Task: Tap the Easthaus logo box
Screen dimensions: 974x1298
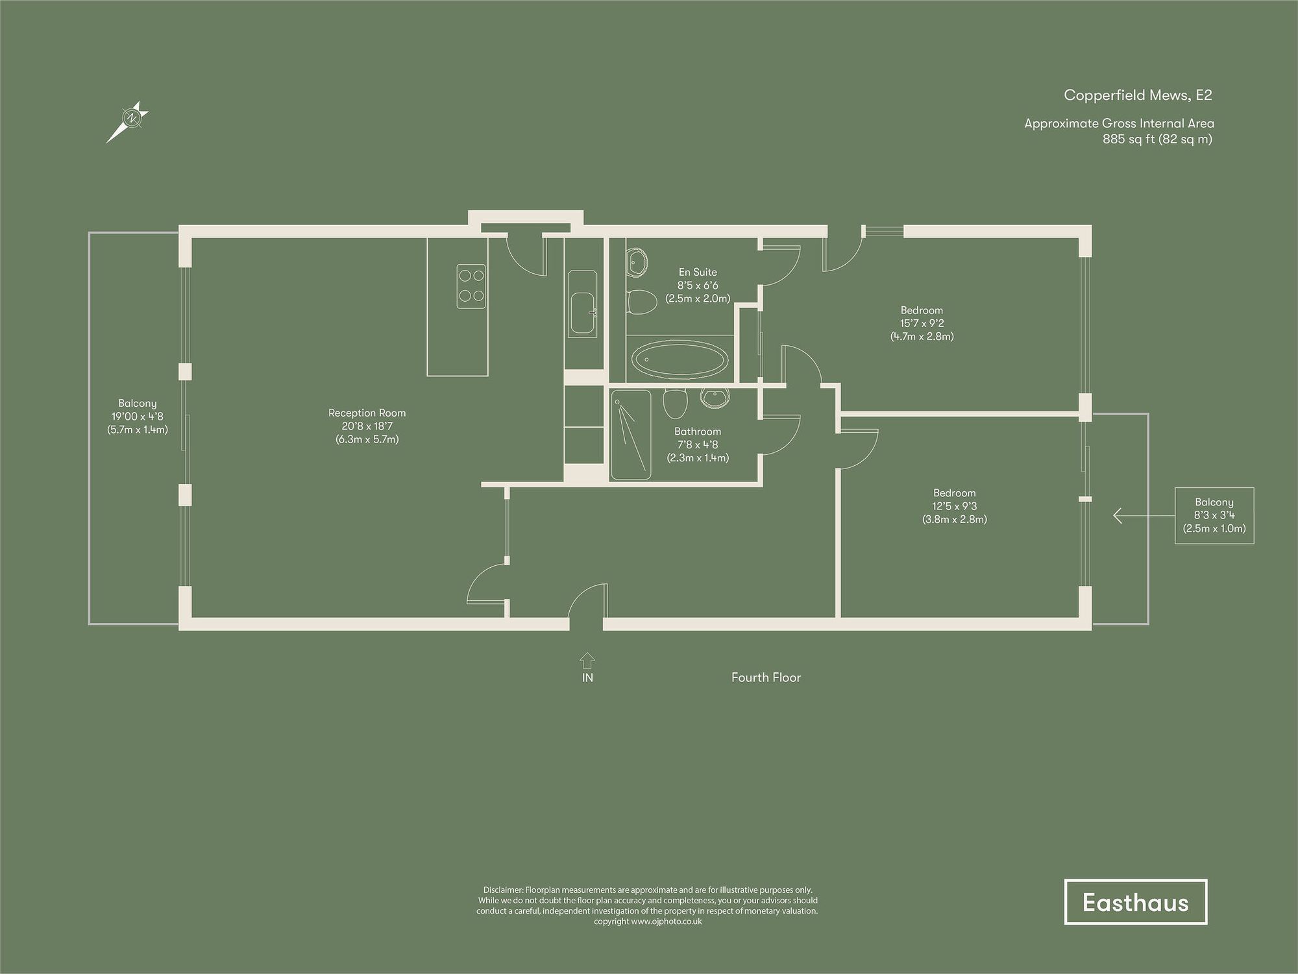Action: point(1135,902)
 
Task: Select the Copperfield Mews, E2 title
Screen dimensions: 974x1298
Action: point(1138,95)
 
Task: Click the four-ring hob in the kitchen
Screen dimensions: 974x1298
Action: point(471,286)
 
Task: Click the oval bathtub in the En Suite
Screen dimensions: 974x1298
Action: point(680,359)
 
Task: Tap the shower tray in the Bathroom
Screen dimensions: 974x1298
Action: point(630,435)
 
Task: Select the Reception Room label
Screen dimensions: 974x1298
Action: point(367,413)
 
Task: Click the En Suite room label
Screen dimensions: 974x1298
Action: point(698,273)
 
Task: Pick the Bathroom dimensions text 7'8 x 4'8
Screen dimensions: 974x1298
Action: point(698,445)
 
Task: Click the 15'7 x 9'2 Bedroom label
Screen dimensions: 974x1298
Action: point(922,323)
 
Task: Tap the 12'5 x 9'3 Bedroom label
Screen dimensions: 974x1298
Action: point(954,506)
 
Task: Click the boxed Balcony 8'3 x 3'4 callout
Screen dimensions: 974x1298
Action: point(1214,515)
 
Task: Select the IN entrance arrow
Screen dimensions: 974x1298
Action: point(587,661)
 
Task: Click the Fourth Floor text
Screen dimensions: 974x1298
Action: point(766,677)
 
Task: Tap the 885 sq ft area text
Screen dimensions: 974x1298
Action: point(1157,139)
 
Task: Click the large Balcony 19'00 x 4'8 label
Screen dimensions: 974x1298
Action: point(137,417)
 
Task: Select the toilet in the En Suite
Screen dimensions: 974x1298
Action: point(643,302)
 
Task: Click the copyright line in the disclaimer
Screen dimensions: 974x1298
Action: point(647,921)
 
